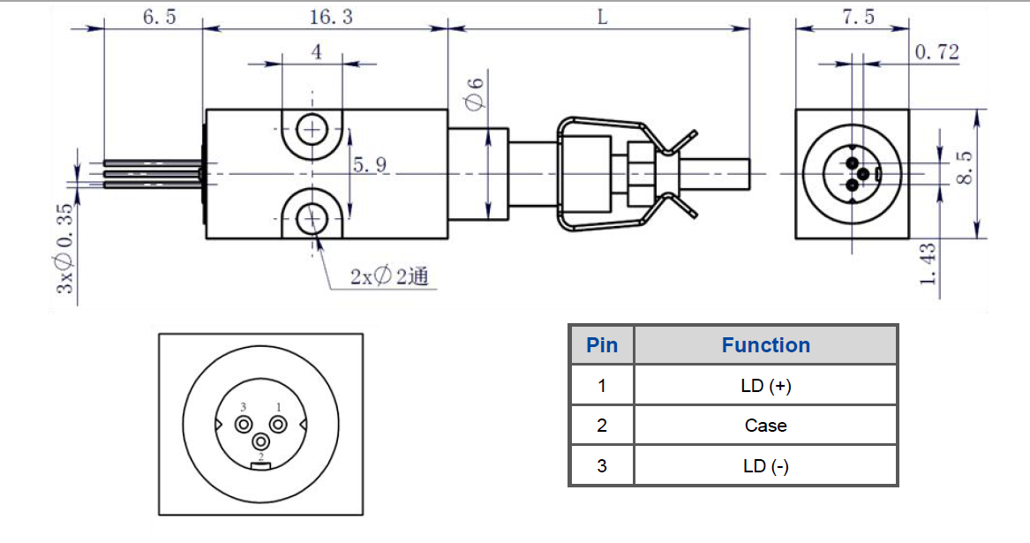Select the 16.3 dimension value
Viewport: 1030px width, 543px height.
(327, 17)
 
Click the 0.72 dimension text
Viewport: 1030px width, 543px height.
(936, 52)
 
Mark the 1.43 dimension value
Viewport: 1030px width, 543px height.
(927, 264)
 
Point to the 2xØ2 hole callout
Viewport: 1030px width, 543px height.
(388, 276)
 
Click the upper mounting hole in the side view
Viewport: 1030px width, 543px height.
(312, 131)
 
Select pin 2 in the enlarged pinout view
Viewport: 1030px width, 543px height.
(261, 441)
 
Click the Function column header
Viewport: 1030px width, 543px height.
(765, 345)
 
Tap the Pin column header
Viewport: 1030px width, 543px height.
(602, 345)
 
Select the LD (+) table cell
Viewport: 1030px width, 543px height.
(765, 386)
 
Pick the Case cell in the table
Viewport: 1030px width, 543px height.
(765, 426)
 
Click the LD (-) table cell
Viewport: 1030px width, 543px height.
(765, 466)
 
